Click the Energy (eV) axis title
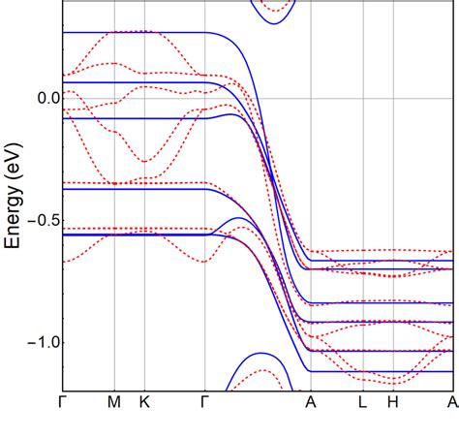pos(14,194)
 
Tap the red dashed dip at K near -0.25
pos(144,161)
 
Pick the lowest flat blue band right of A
pos(387,371)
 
